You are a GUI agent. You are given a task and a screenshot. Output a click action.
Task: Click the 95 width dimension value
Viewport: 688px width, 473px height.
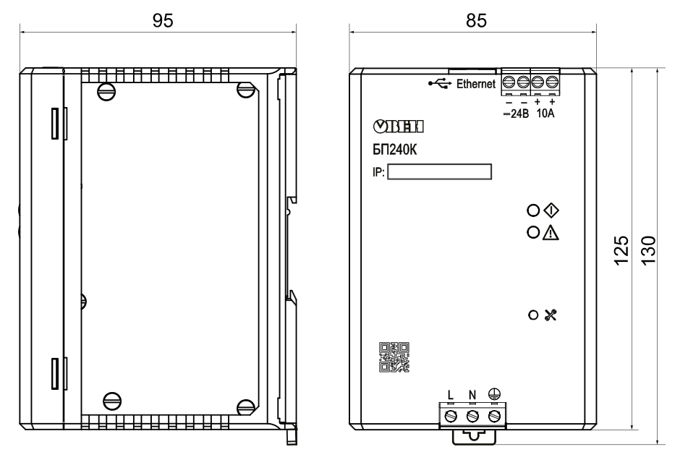(163, 21)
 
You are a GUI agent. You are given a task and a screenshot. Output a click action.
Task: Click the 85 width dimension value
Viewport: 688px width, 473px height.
(476, 21)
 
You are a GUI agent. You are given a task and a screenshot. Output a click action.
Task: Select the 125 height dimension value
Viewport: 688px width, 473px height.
(621, 250)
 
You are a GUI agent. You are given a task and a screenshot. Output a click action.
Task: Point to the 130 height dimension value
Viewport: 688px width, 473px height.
(648, 250)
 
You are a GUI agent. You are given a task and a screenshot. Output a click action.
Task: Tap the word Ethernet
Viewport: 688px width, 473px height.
(475, 83)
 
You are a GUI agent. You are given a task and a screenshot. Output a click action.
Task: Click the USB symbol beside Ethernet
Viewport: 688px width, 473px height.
(440, 83)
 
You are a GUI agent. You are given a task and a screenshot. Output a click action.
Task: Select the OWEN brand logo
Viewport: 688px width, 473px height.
(399, 127)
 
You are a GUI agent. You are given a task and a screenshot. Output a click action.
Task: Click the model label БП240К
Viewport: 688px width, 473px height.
(395, 150)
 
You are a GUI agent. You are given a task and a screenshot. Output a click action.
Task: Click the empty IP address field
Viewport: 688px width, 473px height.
(439, 171)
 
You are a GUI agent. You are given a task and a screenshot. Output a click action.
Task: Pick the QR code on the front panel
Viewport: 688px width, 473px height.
(394, 357)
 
